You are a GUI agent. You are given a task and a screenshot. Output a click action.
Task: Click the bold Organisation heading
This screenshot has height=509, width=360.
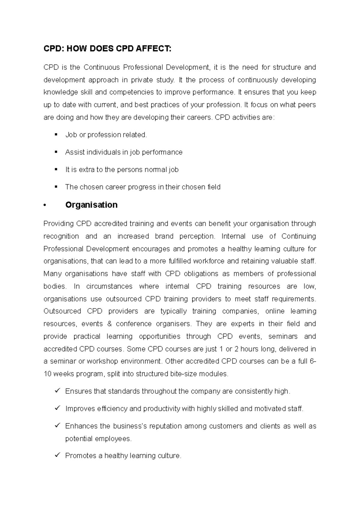click(91, 205)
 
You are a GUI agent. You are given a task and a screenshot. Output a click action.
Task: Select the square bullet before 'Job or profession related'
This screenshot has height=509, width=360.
click(56, 135)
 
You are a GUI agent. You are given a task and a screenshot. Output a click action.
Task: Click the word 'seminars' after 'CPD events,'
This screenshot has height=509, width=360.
click(283, 337)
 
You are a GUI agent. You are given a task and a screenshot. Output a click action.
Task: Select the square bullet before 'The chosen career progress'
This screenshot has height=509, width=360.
click(56, 187)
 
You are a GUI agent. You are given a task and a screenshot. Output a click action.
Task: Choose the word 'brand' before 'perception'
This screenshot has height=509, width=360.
click(164, 237)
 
